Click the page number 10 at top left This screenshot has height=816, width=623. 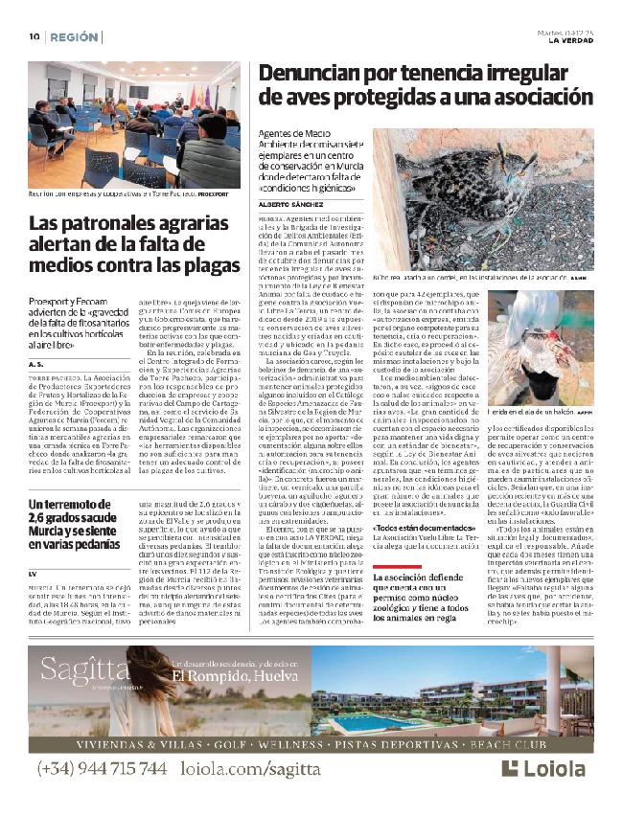click(33, 37)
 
